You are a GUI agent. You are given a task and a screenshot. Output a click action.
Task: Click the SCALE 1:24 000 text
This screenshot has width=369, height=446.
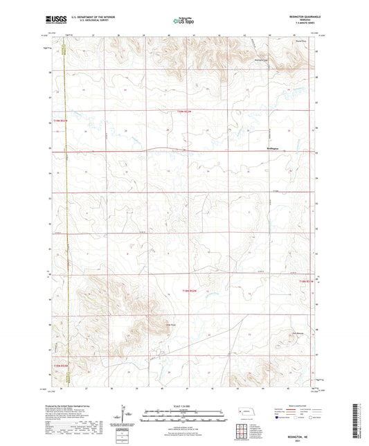(x=183, y=405)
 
